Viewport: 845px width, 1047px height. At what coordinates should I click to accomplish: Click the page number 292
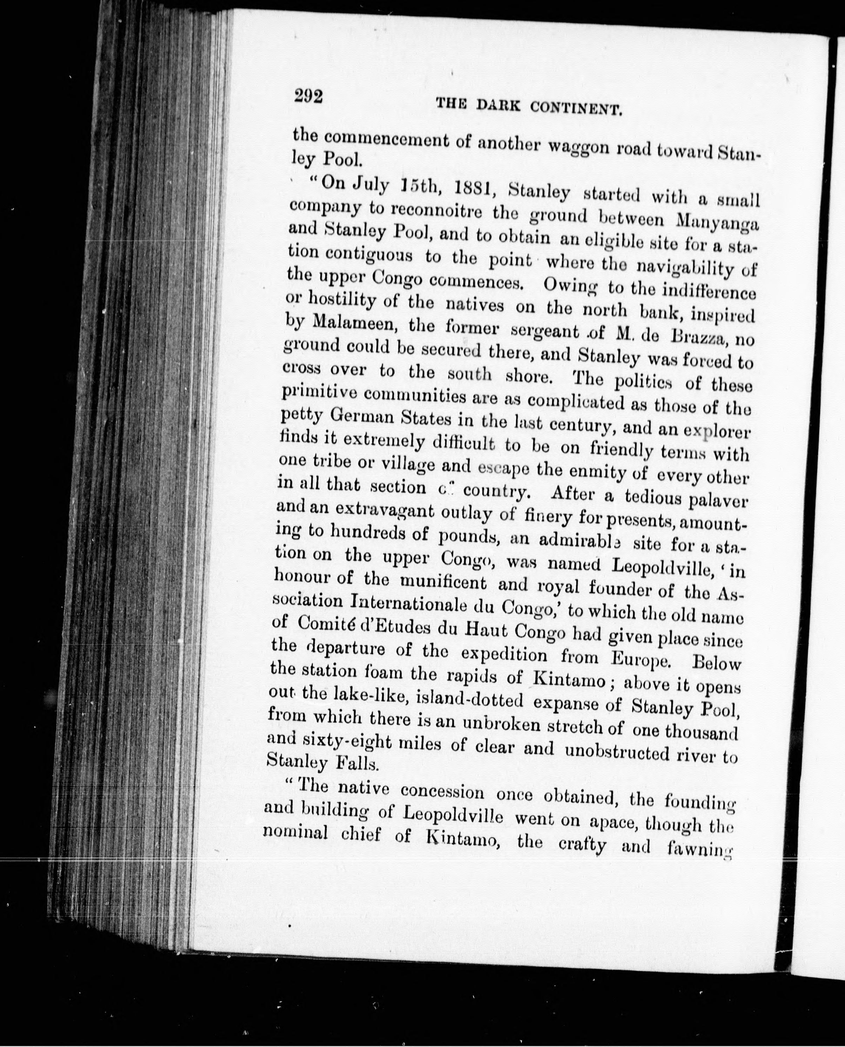point(308,96)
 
